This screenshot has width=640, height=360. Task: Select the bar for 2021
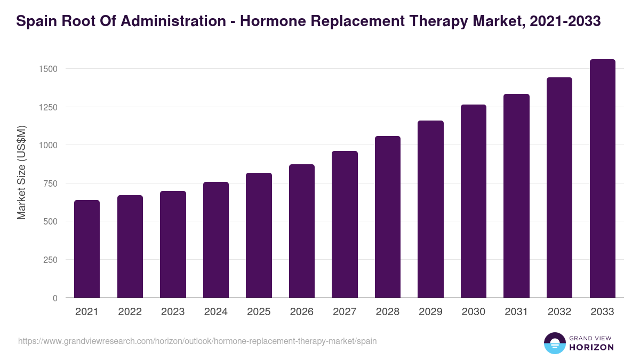[87, 249]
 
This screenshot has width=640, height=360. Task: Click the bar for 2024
[216, 240]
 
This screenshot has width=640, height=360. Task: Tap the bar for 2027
[345, 225]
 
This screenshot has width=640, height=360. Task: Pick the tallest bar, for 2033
[602, 179]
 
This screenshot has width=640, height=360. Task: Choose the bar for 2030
[474, 201]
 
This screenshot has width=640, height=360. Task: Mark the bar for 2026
[302, 231]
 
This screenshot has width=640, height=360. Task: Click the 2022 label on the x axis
[130, 312]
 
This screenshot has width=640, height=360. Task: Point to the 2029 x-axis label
[430, 312]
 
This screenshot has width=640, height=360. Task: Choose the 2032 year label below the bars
[559, 312]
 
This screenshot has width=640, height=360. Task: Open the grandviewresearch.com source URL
[197, 341]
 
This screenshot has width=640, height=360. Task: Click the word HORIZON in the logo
[591, 347]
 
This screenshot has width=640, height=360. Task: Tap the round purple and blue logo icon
[555, 343]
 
